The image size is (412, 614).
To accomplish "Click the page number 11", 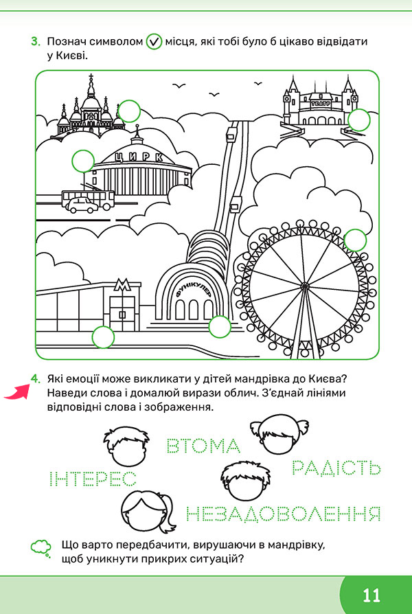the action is (371, 595).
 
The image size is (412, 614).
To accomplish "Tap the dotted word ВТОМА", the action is (203, 446).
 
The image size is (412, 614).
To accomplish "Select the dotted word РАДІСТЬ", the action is (336, 467).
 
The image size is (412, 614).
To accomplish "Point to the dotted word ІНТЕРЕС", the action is (93, 479).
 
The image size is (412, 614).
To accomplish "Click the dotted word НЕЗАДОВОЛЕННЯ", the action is (283, 514).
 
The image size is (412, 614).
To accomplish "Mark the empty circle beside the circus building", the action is (83, 161).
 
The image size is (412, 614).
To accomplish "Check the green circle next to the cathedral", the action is (129, 111).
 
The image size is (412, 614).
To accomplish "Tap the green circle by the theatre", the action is (358, 120).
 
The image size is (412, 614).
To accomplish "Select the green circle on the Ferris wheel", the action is (355, 240).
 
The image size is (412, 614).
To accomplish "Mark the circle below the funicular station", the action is (220, 327).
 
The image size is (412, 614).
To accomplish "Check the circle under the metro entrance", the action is (103, 337).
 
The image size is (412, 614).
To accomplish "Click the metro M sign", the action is (122, 285).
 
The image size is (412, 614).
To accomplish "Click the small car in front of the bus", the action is (82, 205).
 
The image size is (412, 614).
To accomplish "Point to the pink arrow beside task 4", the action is (17, 392).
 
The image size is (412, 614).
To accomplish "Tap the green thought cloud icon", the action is (41, 548).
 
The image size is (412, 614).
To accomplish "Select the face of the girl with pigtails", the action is (279, 434).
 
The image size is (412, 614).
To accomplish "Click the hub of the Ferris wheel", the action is (305, 286).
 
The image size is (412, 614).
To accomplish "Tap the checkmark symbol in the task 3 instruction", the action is (154, 42).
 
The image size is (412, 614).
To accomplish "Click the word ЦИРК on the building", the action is (139, 157).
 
